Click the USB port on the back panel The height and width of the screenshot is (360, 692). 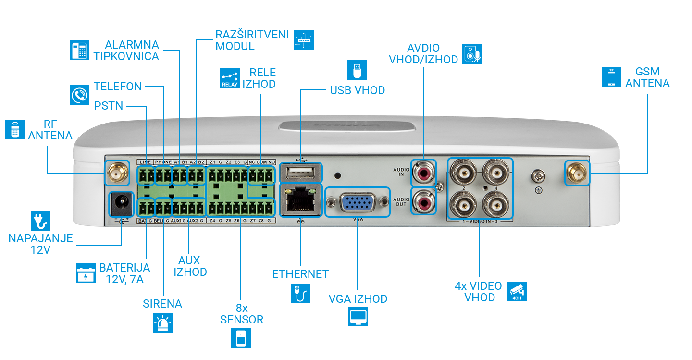click(301, 173)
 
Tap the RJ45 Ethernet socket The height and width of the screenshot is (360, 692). click(300, 199)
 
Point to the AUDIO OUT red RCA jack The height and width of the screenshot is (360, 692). click(424, 201)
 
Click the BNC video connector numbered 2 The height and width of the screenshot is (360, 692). click(462, 171)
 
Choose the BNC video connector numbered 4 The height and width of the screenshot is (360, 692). click(496, 171)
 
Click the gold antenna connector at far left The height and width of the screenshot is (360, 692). click(117, 173)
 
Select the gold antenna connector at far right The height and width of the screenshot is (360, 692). click(577, 173)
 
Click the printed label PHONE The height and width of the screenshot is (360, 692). click(163, 162)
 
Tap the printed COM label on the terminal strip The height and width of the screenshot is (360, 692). click(261, 162)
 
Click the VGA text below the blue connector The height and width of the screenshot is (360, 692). click(357, 219)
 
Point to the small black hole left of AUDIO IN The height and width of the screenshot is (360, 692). click(340, 176)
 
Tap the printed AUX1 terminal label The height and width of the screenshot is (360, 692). click(176, 221)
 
